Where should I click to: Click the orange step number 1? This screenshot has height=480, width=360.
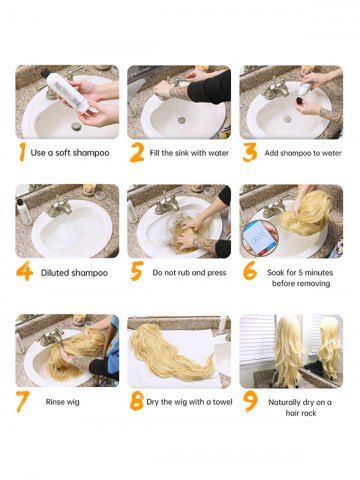pos(22,153)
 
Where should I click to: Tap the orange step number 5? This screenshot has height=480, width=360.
pos(137,271)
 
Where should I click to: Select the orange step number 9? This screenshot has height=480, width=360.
pos(251,401)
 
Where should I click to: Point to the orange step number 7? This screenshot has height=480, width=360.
pos(23,402)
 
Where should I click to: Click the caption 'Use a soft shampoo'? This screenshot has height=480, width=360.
pos(70,153)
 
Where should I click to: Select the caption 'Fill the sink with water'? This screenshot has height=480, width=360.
pos(189,153)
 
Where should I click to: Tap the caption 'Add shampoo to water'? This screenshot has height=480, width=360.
pos(303,153)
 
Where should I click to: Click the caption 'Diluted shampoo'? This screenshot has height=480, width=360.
pos(74,273)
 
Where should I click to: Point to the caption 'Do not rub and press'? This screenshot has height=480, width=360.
pos(189,273)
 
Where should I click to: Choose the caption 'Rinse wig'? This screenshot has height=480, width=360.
pos(63,402)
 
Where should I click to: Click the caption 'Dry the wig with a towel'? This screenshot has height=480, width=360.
pos(189,402)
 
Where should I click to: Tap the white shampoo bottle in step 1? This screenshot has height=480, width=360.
pos(68,92)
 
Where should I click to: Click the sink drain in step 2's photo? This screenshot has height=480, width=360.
pos(182,120)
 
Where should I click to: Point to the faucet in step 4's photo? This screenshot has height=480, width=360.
pos(59,207)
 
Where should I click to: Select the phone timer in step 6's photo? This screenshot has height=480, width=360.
pos(260,237)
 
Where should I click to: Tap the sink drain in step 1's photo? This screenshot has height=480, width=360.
pos(77,127)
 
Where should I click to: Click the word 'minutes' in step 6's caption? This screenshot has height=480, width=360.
pos(318,273)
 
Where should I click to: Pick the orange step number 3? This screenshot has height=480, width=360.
pos(250,152)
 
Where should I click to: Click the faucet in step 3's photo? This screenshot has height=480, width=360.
pos(275,89)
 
